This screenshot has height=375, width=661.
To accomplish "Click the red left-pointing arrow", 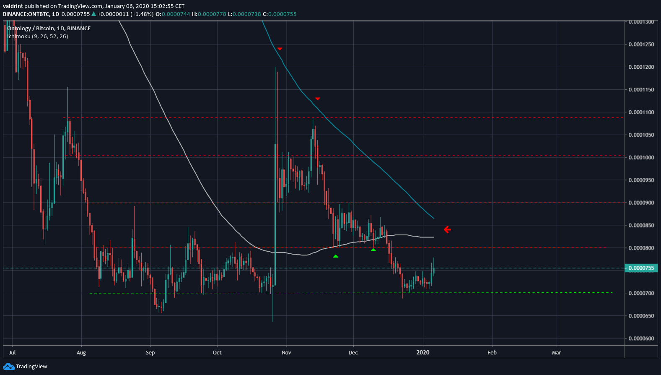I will click(x=447, y=229).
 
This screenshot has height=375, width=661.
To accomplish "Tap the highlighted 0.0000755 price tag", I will click(x=641, y=268).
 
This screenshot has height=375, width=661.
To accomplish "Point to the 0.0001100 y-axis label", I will click(x=641, y=112).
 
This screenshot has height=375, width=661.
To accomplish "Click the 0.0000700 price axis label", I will click(x=641, y=293).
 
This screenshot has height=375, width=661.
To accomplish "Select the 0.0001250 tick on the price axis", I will click(x=641, y=44).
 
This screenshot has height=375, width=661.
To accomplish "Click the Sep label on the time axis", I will click(x=150, y=353).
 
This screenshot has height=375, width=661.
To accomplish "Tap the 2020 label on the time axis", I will click(x=423, y=353).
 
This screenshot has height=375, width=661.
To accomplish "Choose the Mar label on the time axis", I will click(x=556, y=353).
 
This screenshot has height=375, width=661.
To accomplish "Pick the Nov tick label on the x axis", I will click(x=286, y=353).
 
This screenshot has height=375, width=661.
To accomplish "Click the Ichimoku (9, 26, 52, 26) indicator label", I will click(x=38, y=36).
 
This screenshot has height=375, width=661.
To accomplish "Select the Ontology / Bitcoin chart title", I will click(x=49, y=29).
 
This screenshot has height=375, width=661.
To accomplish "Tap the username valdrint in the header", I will click(x=13, y=6).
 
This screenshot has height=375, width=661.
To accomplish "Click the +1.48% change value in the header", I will click(x=142, y=14).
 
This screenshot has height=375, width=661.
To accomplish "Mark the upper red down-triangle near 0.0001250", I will click(x=280, y=49).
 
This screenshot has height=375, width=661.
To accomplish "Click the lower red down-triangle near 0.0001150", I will click(x=318, y=99).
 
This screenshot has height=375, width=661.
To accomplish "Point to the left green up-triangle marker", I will click(x=335, y=256).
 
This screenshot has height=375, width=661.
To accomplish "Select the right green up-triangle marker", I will click(x=373, y=250).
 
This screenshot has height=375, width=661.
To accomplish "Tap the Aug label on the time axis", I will click(x=81, y=353).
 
